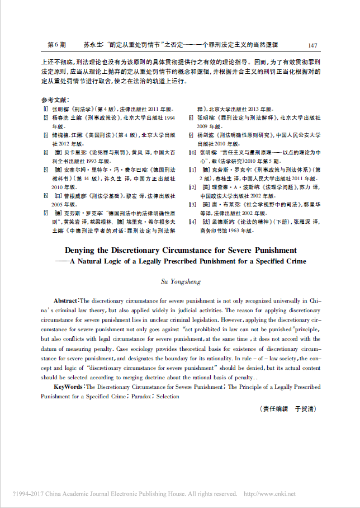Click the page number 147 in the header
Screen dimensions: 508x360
tap(312, 45)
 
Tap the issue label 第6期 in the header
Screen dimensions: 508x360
tap(56, 45)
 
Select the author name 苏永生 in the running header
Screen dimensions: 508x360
tap(92, 45)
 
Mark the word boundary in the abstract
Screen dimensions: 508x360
tap(184, 358)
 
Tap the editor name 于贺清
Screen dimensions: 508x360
tap(306, 409)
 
